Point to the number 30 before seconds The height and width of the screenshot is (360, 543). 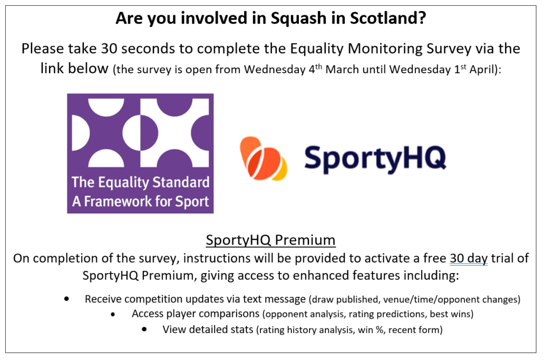(109, 48)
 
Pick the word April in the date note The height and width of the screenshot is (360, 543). (483, 70)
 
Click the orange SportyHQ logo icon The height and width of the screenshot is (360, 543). (263, 159)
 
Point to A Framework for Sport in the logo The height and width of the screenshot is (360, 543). (141, 201)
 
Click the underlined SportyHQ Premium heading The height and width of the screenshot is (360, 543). (270, 240)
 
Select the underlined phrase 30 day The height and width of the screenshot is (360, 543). (469, 259)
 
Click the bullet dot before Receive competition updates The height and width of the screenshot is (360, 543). (66, 298)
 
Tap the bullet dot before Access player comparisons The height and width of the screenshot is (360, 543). (113, 314)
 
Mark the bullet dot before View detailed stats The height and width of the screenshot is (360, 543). (144, 329)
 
